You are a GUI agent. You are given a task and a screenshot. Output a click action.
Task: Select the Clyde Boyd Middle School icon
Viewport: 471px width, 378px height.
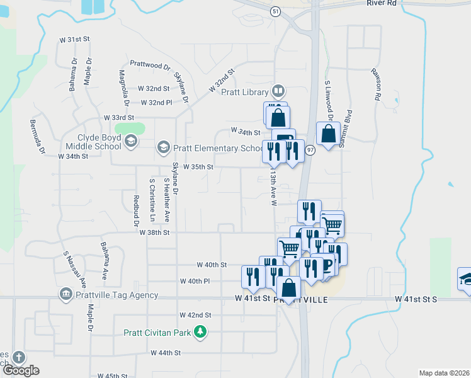tap(130, 141)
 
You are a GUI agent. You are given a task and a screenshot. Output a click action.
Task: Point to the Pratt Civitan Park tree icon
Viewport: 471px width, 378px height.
tap(200, 331)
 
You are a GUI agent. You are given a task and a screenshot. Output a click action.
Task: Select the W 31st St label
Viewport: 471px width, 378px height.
tap(75, 39)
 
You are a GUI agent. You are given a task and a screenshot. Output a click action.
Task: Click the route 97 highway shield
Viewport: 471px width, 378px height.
tap(310, 151)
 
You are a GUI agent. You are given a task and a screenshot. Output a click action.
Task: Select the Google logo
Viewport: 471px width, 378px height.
tap(21, 370)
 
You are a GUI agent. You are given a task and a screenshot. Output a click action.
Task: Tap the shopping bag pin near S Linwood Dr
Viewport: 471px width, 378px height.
tap(328, 134)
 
